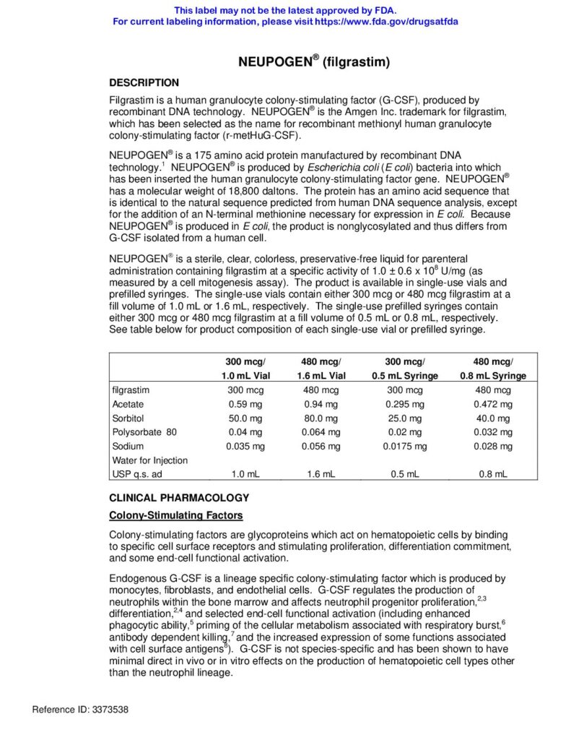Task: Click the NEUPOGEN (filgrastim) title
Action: pyautogui.click(x=314, y=62)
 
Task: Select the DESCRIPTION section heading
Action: pyautogui.click(x=144, y=83)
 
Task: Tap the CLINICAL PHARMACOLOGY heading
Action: pyautogui.click(x=178, y=498)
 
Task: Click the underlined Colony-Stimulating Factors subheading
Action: pyautogui.click(x=175, y=515)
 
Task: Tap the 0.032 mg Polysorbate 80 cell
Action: pyautogui.click(x=494, y=432)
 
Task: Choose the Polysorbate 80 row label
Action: pyautogui.click(x=144, y=432)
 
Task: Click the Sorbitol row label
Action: pyautogui.click(x=127, y=418)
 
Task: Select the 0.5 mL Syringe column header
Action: pyautogui.click(x=405, y=376)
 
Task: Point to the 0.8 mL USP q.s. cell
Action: pyautogui.click(x=494, y=474)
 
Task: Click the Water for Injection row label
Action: pyautogui.click(x=149, y=460)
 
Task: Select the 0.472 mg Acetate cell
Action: pyautogui.click(x=494, y=405)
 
